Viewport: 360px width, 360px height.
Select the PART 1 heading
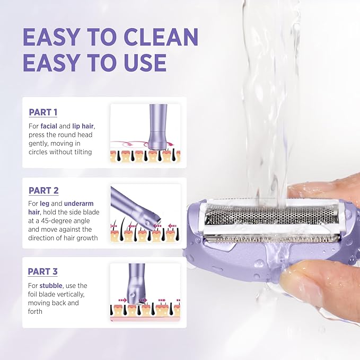pyautogui.click(x=42, y=112)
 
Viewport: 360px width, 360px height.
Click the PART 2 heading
pyautogui.click(x=43, y=190)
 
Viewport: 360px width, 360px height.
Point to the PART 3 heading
pyautogui.click(x=42, y=271)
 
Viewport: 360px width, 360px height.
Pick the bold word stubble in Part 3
pyautogui.click(x=50, y=285)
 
